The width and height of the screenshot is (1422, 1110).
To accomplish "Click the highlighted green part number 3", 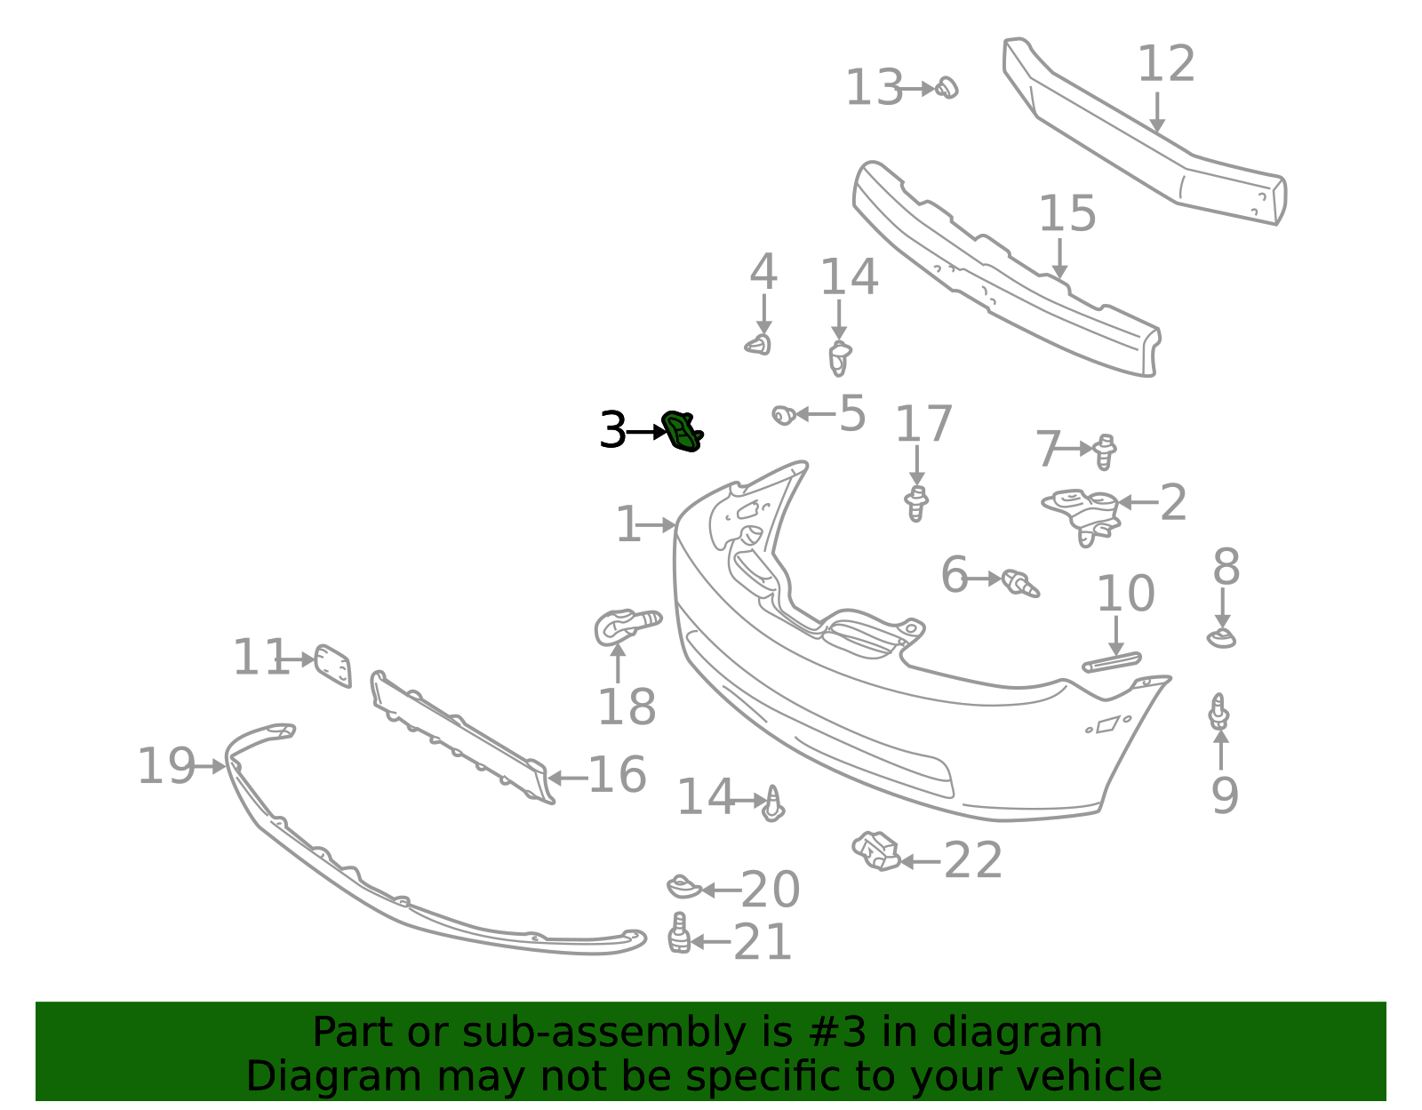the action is [x=682, y=432].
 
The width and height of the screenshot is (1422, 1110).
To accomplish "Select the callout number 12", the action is [x=1167, y=64].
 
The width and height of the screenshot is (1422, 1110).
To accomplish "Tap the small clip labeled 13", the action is [x=947, y=88].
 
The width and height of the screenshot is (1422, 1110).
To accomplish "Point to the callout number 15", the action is [x=1067, y=213].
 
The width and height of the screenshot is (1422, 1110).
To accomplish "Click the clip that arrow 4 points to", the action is [x=759, y=344].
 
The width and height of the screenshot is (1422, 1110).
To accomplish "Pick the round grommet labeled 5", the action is [x=784, y=415].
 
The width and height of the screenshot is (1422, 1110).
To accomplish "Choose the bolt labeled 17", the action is [x=917, y=504].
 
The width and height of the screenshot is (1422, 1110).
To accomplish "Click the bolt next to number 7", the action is [x=1105, y=451].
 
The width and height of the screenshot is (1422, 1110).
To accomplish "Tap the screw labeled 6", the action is [x=1019, y=583].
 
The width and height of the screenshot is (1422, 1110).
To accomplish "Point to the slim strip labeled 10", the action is [x=1112, y=663].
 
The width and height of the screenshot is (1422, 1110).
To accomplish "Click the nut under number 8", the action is [x=1222, y=638].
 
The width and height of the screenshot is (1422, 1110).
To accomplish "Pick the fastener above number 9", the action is [x=1218, y=712].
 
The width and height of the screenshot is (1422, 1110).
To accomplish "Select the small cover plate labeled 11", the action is [x=333, y=666].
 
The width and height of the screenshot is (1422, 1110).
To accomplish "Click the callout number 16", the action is [x=617, y=774].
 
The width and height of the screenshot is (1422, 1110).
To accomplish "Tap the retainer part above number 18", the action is [x=625, y=627].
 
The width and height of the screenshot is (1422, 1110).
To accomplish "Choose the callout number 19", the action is [x=166, y=766].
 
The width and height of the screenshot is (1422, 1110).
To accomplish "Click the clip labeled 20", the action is [x=683, y=887].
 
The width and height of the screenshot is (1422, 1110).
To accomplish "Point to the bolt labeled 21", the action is [x=679, y=933].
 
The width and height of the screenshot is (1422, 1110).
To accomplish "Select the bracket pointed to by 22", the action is [x=877, y=851].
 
